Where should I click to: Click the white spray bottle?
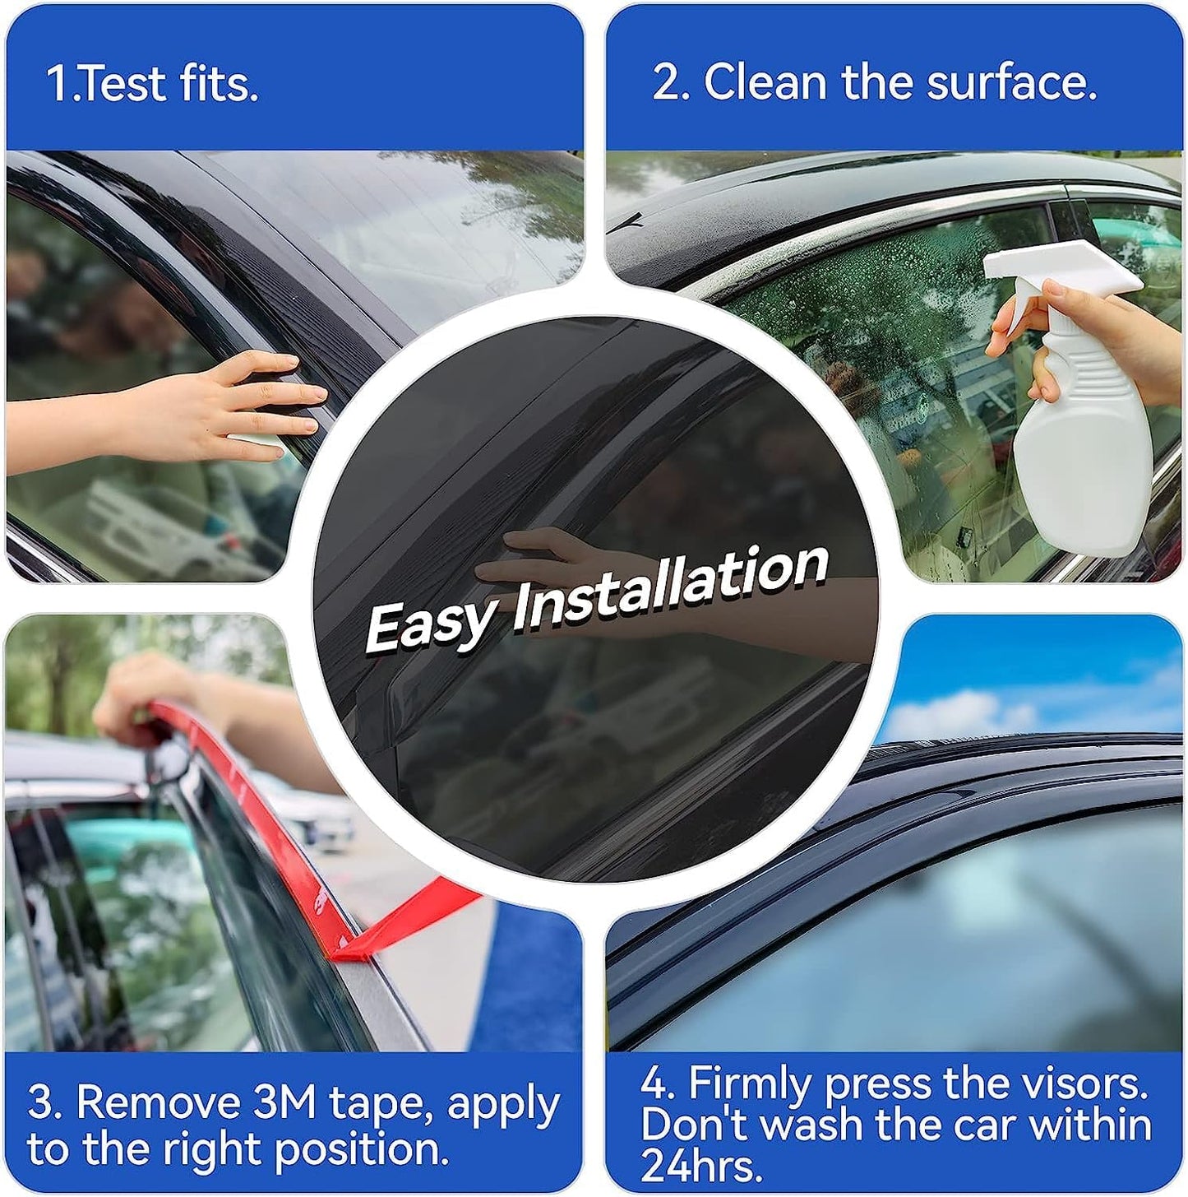pyautogui.click(x=1077, y=444)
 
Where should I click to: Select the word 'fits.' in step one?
pyautogui.click(x=219, y=84)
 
